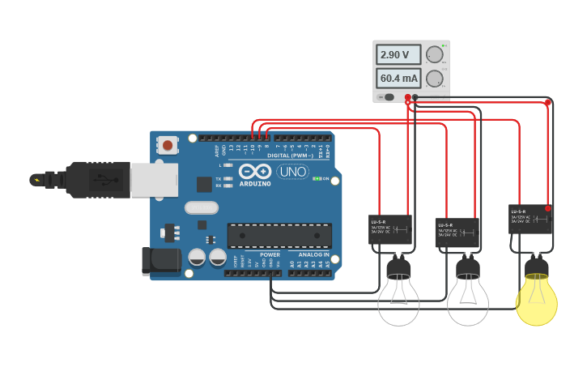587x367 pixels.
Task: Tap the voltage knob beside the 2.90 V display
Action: tap(435, 54)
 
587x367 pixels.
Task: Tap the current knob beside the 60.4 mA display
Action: tap(435, 79)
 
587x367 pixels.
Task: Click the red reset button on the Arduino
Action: tap(168, 146)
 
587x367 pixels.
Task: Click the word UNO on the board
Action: tap(291, 172)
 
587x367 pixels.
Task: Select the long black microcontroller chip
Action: tap(279, 235)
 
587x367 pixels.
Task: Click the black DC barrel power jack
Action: tap(160, 259)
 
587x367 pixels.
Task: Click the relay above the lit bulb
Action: tap(530, 219)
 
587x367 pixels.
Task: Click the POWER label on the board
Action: tap(270, 254)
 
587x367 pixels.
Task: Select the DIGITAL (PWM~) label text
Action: tap(289, 155)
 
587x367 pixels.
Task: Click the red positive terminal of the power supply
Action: tap(408, 97)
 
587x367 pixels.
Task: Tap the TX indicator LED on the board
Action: tap(229, 178)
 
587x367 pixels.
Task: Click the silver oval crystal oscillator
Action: tap(201, 207)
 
